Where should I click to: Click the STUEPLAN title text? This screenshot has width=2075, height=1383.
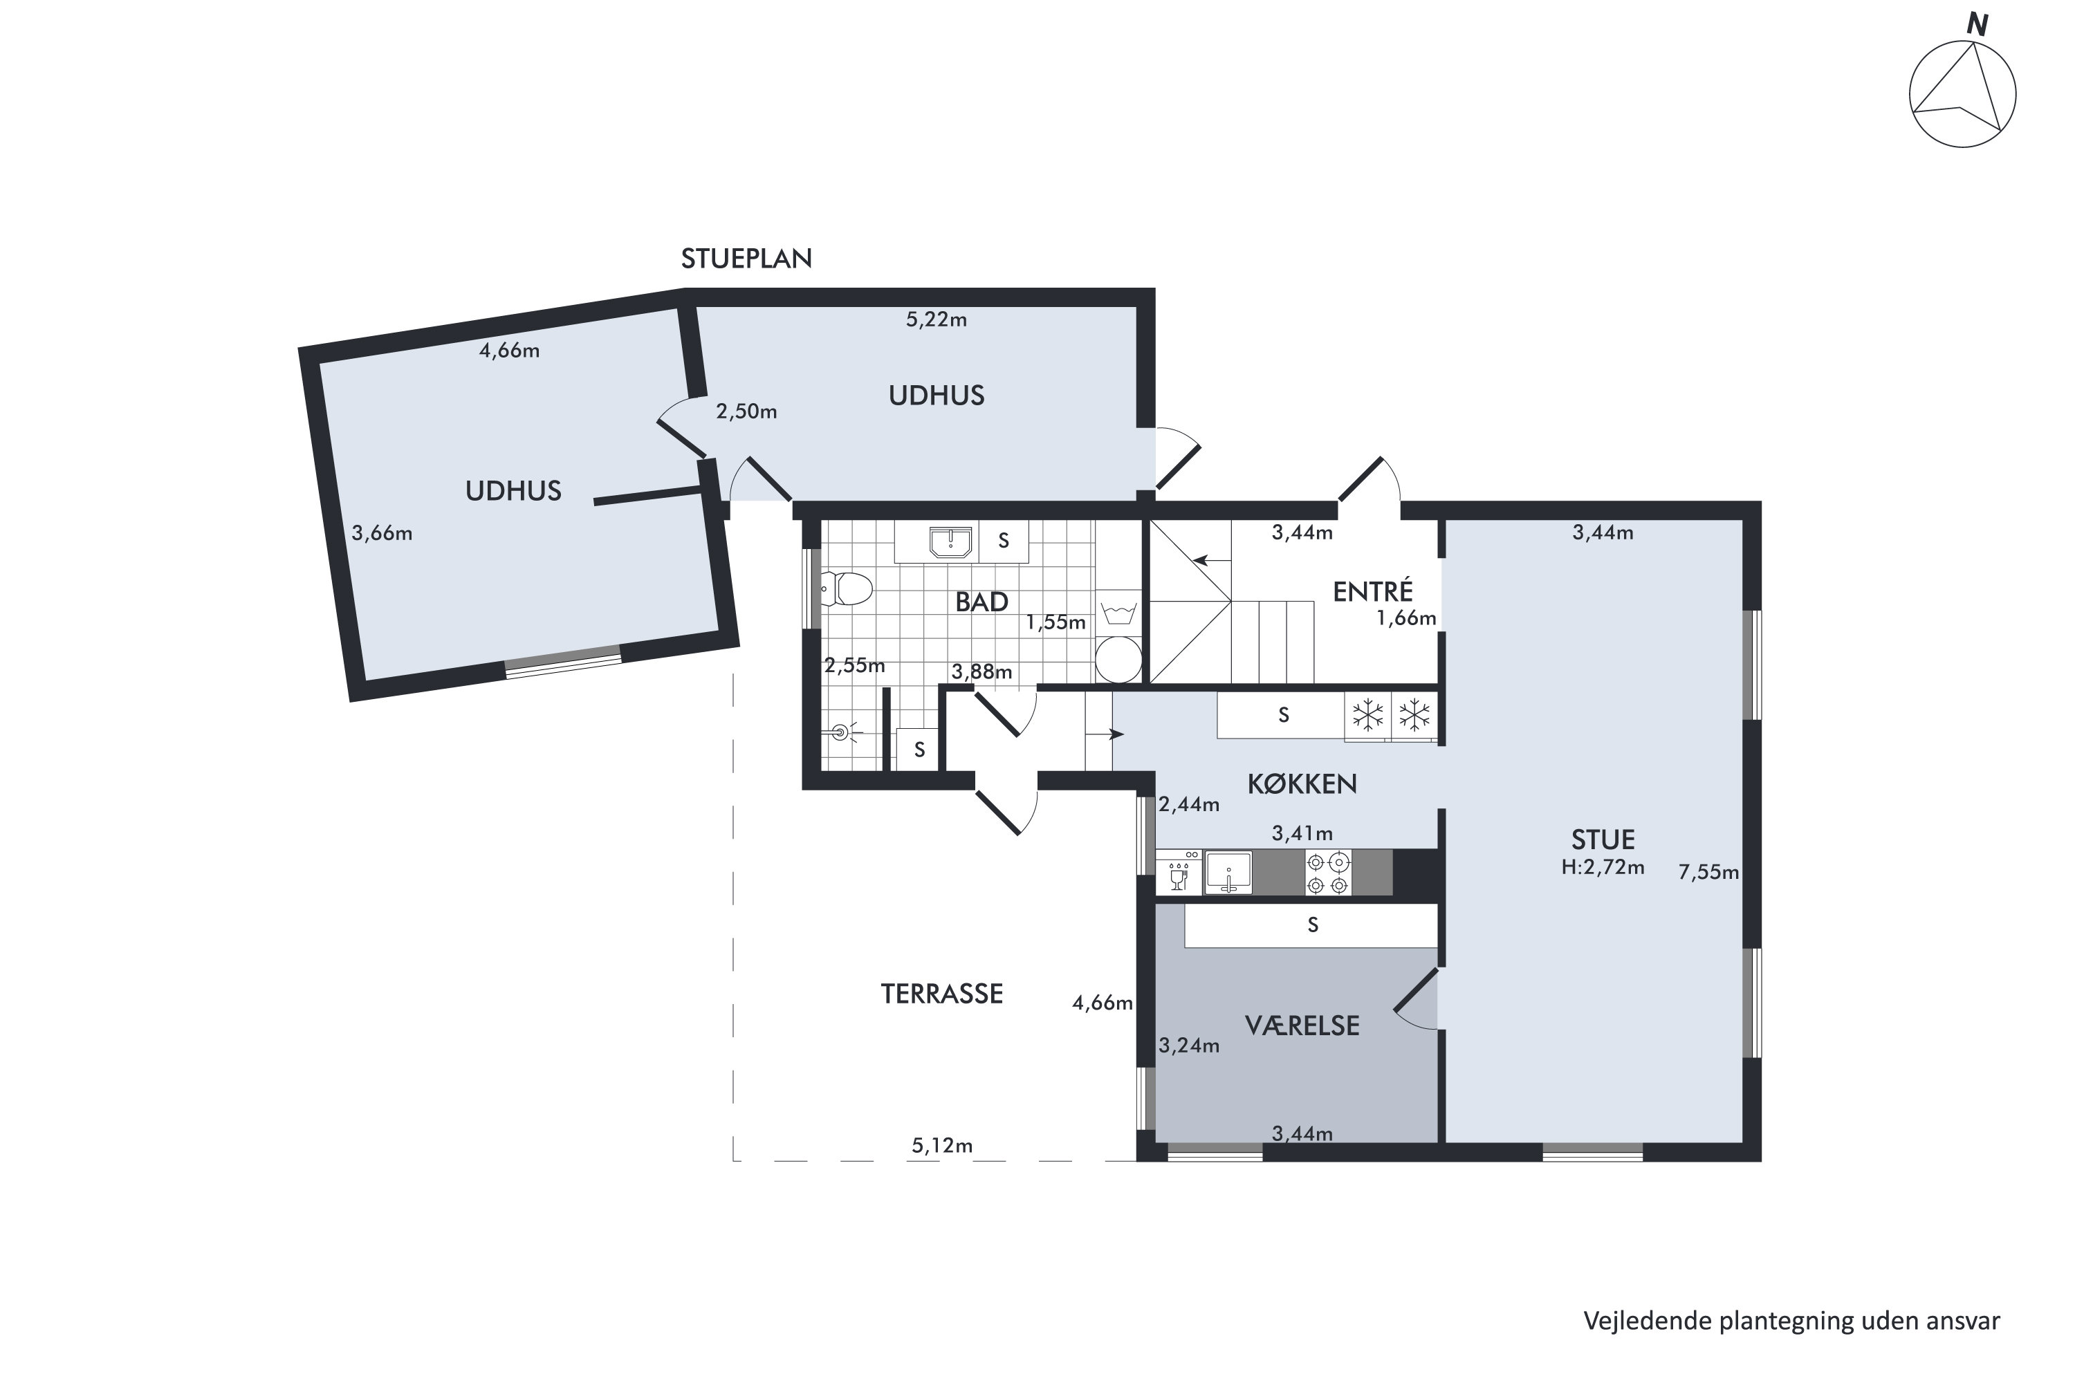click(x=746, y=259)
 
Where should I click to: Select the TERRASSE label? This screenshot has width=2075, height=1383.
click(x=941, y=994)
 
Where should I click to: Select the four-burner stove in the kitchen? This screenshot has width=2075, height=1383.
click(x=1328, y=873)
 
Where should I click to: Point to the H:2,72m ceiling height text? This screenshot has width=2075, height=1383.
click(x=1603, y=867)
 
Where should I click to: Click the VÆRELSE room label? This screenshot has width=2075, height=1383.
click(x=1302, y=1025)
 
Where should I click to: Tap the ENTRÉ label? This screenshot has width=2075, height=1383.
click(x=1373, y=591)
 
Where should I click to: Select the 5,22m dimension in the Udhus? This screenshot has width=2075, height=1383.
click(x=936, y=319)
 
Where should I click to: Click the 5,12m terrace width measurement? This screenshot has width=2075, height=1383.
click(x=942, y=1146)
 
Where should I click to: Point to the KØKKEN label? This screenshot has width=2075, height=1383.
click(x=1302, y=783)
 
